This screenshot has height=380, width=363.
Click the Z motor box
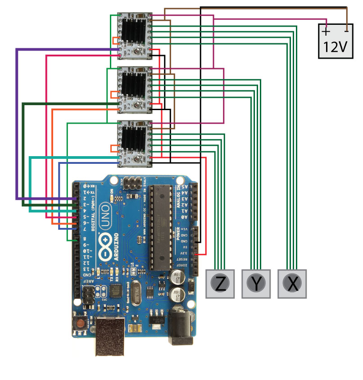click(x=220, y=284)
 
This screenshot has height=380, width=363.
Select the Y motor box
click(x=256, y=284)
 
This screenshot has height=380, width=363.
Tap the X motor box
click(x=292, y=284)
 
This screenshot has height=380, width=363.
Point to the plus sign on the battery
click(x=325, y=32)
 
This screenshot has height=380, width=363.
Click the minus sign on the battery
click(x=346, y=31)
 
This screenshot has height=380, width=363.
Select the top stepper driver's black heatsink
click(x=136, y=31)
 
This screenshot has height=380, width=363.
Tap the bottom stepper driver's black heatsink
click(x=136, y=137)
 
